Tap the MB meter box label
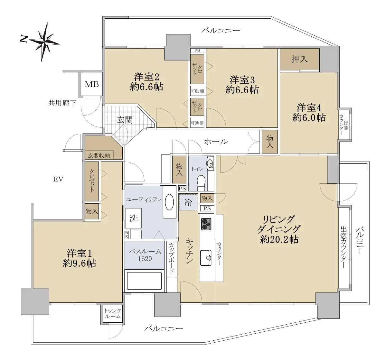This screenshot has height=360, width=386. point(92,84)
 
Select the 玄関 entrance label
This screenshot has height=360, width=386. point(125,120)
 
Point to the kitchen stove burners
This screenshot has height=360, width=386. point(206,224)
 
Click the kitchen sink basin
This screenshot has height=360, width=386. point(206,258)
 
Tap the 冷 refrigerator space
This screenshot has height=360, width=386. point(188,202)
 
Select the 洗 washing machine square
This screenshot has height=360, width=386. point(133,218)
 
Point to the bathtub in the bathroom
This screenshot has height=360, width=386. point(145,280)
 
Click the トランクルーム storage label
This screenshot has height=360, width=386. point(112,313)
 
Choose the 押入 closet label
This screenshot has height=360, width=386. point(300,59)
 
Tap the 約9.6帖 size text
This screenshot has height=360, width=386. point(79,263)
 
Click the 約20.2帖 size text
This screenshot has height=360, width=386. point(279,239)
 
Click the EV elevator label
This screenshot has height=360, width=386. point(58,180)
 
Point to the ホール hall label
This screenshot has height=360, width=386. point(216,142)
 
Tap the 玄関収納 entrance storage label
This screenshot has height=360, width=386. point(99,155)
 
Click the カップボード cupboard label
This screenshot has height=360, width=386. point(172,258)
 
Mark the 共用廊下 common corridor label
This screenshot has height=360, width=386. point(62,103)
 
